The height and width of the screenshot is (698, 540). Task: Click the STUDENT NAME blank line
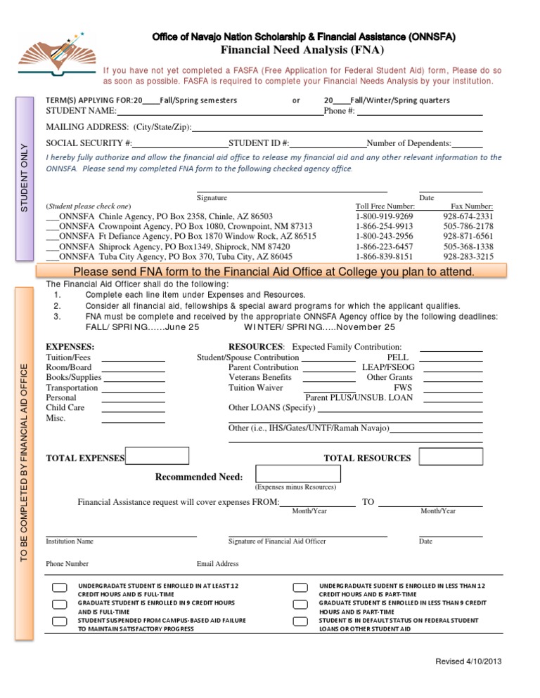(219, 111)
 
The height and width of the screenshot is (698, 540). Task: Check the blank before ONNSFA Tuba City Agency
(52, 258)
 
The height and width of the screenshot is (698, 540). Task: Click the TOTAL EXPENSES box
(157, 456)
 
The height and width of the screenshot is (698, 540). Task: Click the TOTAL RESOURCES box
(451, 456)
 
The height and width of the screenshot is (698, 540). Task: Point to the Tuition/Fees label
(67, 357)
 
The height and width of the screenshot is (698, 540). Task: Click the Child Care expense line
(133, 408)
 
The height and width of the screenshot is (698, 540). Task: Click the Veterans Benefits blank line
(329, 378)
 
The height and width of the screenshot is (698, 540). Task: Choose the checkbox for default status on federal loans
(300, 621)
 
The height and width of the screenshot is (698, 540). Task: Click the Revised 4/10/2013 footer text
(468, 661)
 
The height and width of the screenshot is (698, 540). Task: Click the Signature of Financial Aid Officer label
(277, 541)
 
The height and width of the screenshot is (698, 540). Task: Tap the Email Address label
(217, 564)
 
